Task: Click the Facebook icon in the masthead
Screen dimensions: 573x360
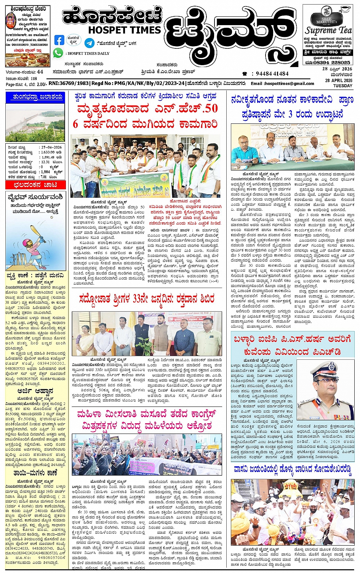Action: coord(59,40)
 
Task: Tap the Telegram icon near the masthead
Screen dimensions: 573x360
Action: coord(90,43)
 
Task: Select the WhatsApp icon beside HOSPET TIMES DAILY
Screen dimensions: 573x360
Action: coord(58,53)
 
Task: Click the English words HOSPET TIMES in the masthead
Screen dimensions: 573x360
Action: coord(124,30)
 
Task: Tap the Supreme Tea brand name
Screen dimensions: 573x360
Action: coord(328,30)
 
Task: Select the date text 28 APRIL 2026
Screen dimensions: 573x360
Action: coord(339,80)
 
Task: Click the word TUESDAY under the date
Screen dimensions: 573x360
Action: coord(343,86)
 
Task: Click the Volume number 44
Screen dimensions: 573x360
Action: coord(40,72)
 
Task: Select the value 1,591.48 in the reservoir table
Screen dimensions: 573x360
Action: coord(48,157)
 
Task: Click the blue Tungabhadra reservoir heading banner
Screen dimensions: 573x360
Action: coord(35,98)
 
